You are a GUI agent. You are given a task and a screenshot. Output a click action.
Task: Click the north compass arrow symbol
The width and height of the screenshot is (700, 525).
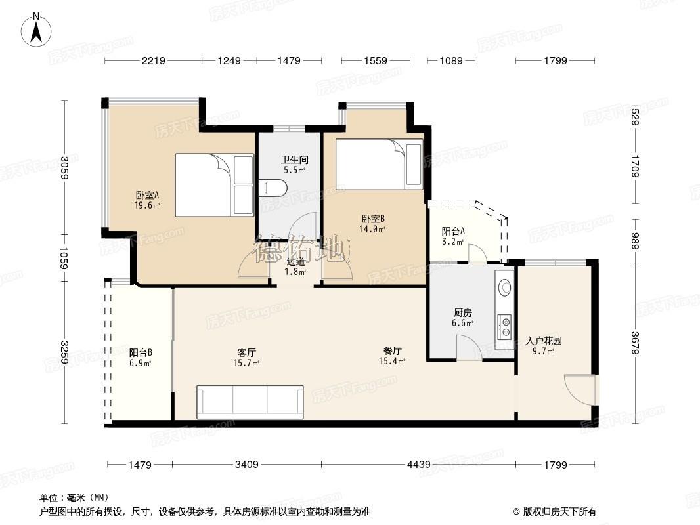(x=36, y=30)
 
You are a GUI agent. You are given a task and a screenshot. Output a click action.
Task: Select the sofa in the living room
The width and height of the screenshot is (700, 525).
(x=250, y=402)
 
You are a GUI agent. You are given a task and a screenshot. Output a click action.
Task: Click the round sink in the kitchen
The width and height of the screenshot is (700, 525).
(x=505, y=287)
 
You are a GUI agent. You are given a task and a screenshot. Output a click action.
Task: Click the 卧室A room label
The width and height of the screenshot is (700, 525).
(x=147, y=195)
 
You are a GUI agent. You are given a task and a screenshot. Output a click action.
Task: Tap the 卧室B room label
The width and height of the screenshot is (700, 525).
(x=373, y=219)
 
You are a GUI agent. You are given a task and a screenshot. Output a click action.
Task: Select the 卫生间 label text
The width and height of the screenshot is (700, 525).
(x=295, y=159)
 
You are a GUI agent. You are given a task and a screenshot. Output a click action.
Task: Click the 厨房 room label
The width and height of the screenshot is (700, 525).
(x=462, y=312)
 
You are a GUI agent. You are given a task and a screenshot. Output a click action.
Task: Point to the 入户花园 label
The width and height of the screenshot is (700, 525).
(x=544, y=341)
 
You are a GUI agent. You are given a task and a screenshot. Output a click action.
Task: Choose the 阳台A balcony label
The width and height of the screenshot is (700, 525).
(x=453, y=231)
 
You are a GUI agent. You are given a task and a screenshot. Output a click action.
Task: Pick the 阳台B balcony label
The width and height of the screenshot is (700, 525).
(x=141, y=352)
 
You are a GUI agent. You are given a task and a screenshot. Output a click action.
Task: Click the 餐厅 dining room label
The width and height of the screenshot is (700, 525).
(x=392, y=350)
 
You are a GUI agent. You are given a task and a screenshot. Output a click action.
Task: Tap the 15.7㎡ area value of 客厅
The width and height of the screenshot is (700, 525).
(x=246, y=363)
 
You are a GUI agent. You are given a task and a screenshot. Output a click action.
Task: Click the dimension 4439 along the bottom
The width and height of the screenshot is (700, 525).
(x=419, y=465)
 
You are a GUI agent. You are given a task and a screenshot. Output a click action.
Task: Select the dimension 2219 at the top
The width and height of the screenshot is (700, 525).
(x=154, y=60)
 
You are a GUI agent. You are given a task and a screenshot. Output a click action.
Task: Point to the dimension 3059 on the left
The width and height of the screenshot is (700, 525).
(x=65, y=167)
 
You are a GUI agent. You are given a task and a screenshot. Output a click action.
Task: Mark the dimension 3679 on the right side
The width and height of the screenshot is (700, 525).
(x=636, y=343)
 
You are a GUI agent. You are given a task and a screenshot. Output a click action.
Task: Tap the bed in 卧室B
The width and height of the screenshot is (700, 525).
(x=380, y=164)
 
